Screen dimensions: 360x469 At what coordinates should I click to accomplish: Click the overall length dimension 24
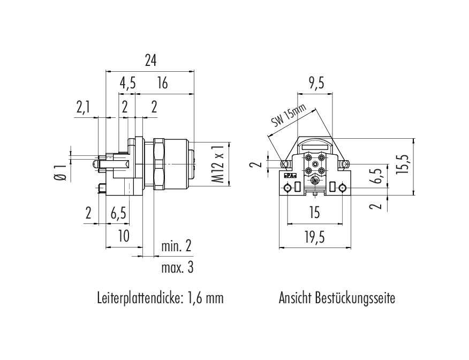150,61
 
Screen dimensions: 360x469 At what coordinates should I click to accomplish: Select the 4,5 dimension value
127,83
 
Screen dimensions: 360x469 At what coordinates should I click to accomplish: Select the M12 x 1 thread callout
217,165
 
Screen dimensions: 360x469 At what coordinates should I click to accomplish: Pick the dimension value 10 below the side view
124,236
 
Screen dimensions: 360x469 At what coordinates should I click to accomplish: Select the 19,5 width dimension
315,236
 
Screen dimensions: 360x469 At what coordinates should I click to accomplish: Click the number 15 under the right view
315,213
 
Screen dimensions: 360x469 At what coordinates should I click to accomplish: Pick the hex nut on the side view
159,164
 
